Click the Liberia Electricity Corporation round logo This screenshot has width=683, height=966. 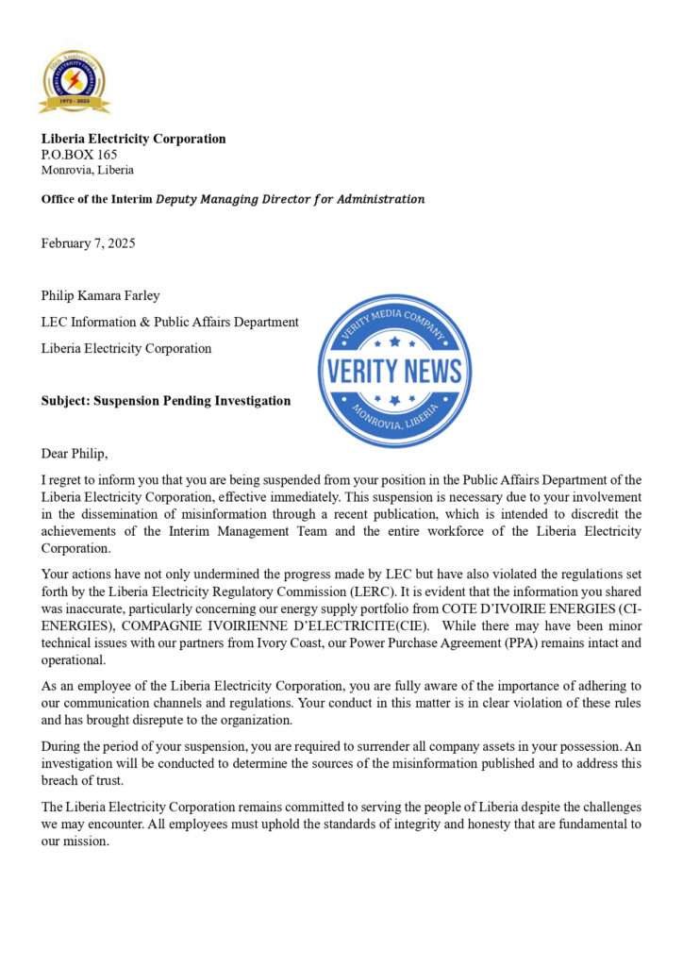coord(74,81)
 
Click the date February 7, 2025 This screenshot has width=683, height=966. coord(88,243)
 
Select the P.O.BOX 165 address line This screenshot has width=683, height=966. coord(78,155)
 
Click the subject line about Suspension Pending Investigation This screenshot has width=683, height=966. coord(165,401)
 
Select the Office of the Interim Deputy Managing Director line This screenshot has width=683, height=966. coord(232,199)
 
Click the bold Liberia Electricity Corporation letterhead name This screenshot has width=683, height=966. coord(133,139)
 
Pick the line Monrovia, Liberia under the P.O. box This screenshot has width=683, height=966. coord(87,171)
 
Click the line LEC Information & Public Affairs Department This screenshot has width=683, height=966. coord(170,322)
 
